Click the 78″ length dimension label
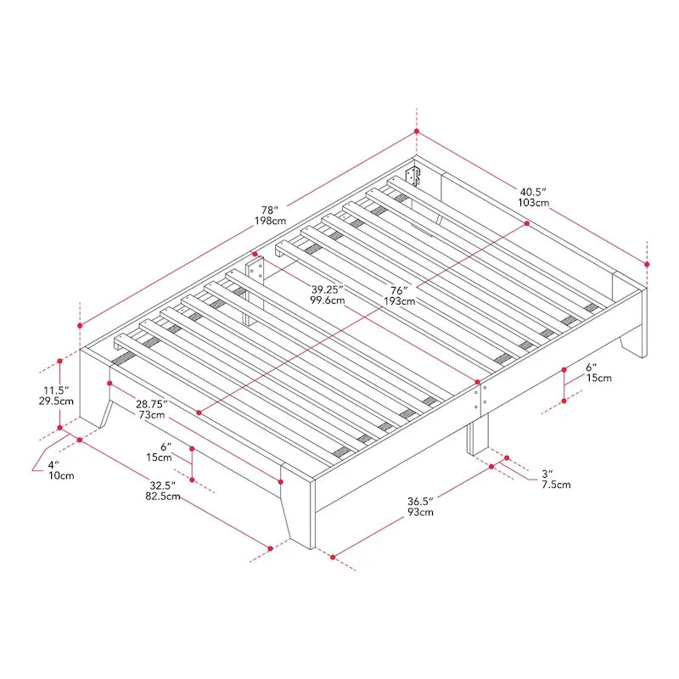tap(268, 210)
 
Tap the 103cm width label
tap(534, 203)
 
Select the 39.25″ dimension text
tap(328, 289)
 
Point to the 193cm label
tap(399, 301)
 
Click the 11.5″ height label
tap(56, 390)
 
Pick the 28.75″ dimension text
tap(152, 404)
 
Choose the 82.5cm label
tap(163, 497)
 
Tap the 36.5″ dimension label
tap(420, 502)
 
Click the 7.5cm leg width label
tap(556, 485)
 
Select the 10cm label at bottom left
tap(61, 475)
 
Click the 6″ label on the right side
tap(592, 368)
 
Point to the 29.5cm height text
tap(56, 401)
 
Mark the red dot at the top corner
tap(417, 132)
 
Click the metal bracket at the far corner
tap(412, 176)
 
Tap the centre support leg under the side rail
tap(478, 435)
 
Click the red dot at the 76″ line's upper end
tap(527, 223)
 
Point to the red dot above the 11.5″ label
tap(59, 361)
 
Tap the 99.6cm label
tap(328, 300)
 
